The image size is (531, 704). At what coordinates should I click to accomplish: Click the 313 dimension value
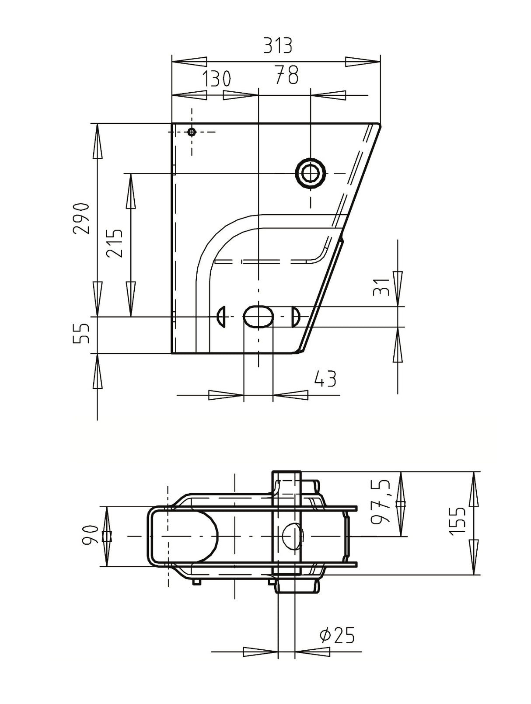pos(278,45)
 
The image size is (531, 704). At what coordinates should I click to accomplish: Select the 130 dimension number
pos(217,79)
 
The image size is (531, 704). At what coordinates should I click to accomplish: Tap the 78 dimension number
pos(287,75)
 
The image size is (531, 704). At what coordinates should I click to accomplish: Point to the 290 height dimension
pos(80,219)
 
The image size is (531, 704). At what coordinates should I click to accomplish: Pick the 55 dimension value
pos(80,334)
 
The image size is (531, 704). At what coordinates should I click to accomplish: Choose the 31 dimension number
pos(382,287)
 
